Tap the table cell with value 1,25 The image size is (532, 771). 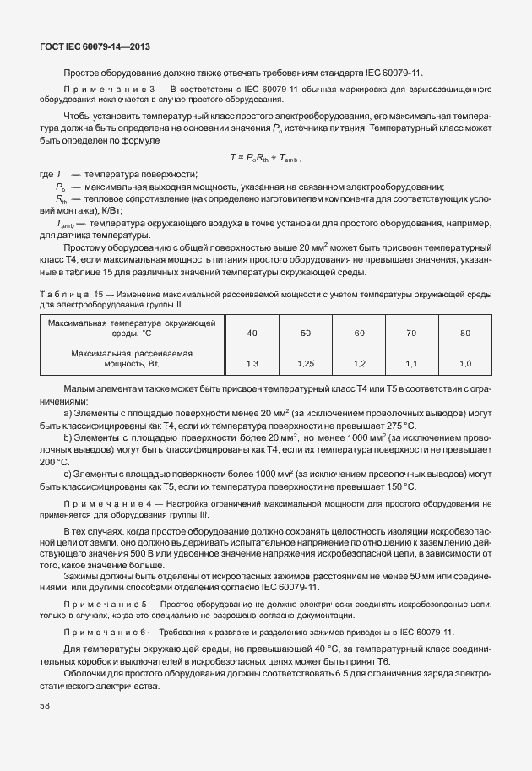(305, 363)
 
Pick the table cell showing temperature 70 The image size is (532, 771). (411, 334)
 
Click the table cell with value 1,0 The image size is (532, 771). (464, 363)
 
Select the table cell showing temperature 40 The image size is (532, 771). (252, 334)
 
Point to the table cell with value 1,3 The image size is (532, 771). (252, 363)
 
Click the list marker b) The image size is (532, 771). (68, 439)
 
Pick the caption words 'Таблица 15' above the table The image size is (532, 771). (71, 292)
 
